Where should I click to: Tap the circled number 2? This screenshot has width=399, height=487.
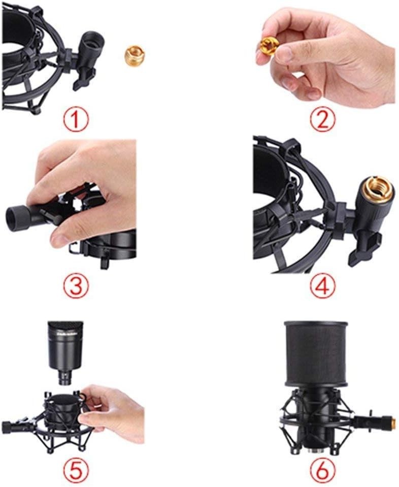(323, 120)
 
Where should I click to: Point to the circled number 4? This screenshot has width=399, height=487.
(323, 285)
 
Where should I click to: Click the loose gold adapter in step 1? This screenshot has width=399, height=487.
(134, 53)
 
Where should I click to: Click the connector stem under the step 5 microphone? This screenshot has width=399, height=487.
(65, 379)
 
